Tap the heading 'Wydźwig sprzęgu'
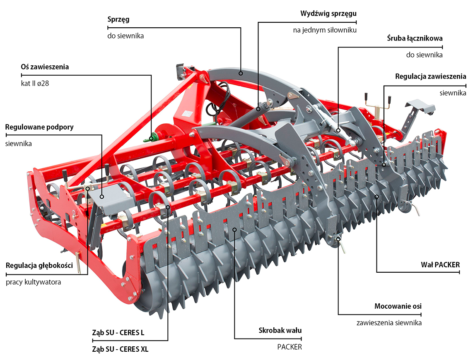[x=328, y=13]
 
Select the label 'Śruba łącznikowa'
[x=414, y=38]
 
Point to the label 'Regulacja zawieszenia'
[x=430, y=77]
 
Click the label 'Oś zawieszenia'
[x=45, y=67]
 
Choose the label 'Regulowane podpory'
[x=39, y=127]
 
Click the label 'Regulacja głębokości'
[x=39, y=266]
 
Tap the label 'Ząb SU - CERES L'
[x=118, y=333]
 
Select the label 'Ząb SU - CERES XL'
[x=120, y=349]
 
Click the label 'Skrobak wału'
[x=280, y=331]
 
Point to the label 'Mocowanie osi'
[x=398, y=307]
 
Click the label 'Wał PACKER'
[x=440, y=264]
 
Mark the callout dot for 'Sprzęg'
[x=241, y=73]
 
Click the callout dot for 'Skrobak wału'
[x=234, y=229]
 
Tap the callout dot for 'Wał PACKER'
[x=376, y=196]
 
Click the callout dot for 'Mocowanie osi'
[x=338, y=239]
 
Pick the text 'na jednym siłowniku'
[x=324, y=30]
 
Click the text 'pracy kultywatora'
[x=34, y=282]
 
